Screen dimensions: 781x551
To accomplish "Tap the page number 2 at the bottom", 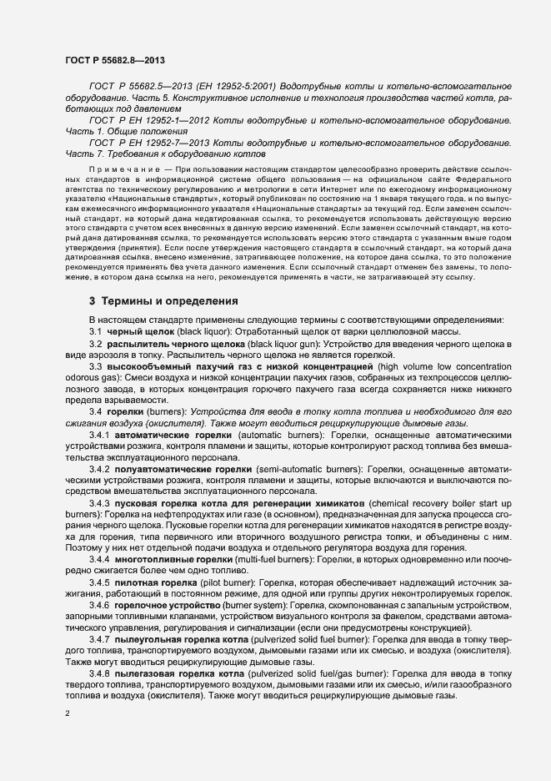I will pyautogui.click(x=68, y=714).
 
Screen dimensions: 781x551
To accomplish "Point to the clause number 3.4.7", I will pyautogui.click(x=99, y=638).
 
